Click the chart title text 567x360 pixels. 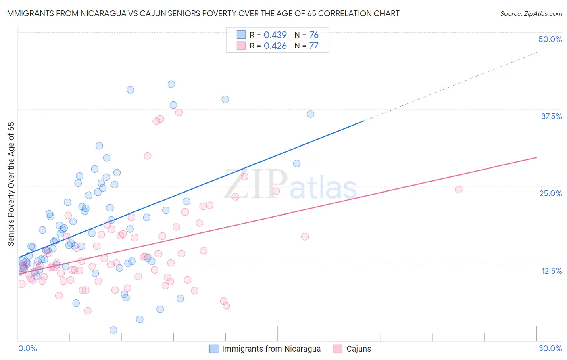pyautogui.click(x=202, y=13)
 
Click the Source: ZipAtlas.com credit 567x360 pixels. pyautogui.click(x=531, y=14)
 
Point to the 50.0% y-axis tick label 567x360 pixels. pyautogui.click(x=550, y=39)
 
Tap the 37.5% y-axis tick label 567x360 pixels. pyautogui.click(x=551, y=116)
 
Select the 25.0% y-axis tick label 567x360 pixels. pyautogui.click(x=550, y=193)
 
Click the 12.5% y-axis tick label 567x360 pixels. pyautogui.click(x=551, y=271)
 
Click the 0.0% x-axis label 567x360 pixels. pyautogui.click(x=27, y=348)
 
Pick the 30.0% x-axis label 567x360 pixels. pyautogui.click(x=550, y=348)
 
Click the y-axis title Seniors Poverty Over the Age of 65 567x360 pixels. pyautogui.click(x=11, y=184)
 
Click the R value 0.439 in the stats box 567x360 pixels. pyautogui.click(x=275, y=35)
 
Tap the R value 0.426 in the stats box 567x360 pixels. pyautogui.click(x=275, y=46)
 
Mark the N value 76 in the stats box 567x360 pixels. pyautogui.click(x=314, y=35)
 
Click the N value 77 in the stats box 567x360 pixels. pyautogui.click(x=314, y=46)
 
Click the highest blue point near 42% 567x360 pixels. pyautogui.click(x=171, y=84)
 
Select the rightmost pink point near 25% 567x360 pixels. pyautogui.click(x=459, y=190)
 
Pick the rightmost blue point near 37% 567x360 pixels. pyautogui.click(x=311, y=114)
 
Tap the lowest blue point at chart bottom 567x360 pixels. pyautogui.click(x=113, y=330)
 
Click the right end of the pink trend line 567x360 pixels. pyautogui.click(x=536, y=157)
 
